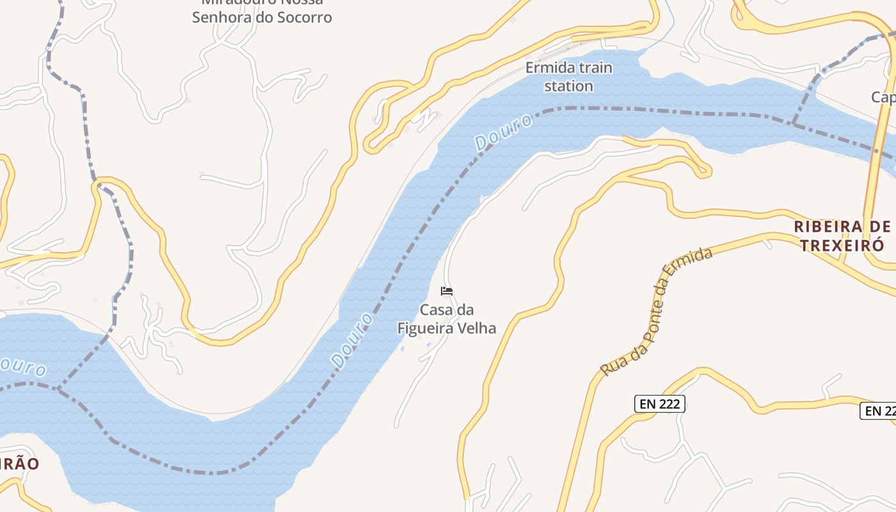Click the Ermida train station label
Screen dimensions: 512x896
point(568,77)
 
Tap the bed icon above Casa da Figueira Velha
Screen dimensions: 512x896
point(447,291)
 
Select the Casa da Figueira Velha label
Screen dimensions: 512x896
point(447,319)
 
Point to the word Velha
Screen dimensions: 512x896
point(476,328)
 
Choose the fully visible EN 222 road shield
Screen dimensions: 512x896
point(660,404)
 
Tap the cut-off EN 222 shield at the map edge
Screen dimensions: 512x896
point(879,411)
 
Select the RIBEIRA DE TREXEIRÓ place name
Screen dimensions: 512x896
point(842,236)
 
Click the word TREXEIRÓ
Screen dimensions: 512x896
point(842,245)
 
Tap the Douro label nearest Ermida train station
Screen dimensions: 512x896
point(504,132)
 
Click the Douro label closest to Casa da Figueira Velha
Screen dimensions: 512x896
point(352,340)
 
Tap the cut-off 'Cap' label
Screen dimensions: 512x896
point(883,97)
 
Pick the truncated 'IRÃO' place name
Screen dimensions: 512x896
point(19,464)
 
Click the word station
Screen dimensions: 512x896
point(568,86)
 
